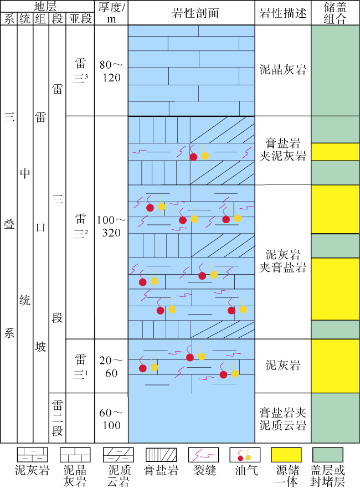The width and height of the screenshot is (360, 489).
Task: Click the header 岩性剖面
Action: pyautogui.click(x=192, y=13)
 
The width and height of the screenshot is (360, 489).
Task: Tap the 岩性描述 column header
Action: pyautogui.click(x=283, y=13)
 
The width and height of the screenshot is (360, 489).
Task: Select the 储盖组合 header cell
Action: pyautogui.click(x=335, y=13)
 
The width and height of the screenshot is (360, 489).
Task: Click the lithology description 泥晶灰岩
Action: pyautogui.click(x=283, y=70)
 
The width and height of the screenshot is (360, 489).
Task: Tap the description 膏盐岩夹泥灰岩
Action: pyautogui.click(x=283, y=150)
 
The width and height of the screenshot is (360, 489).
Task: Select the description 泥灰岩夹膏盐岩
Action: pyautogui.click(x=283, y=261)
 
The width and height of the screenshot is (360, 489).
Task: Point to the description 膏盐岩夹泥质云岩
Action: pyautogui.click(x=283, y=419)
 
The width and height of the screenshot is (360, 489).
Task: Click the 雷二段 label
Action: pyautogui.click(x=57, y=418)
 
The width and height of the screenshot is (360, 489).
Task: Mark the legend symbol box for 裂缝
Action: pyautogui.click(x=203, y=455)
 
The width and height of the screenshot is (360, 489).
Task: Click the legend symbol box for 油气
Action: pyautogui.click(x=244, y=455)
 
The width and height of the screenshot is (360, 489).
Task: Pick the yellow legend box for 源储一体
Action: pyautogui.click(x=286, y=455)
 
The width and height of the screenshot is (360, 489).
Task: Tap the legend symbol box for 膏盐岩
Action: pyautogui.click(x=161, y=455)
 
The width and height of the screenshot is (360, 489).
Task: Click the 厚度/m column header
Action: pyautogui.click(x=111, y=13)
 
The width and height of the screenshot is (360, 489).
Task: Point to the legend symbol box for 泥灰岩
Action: pyautogui.click(x=32, y=455)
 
